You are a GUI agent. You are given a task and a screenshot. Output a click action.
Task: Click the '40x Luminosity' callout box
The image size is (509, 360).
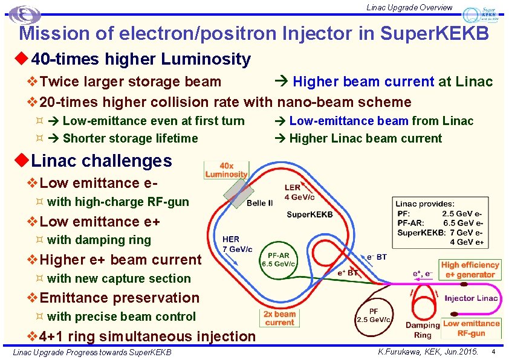[x=226, y=170]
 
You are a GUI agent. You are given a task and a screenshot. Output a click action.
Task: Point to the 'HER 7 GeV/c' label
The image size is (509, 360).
[x=238, y=244]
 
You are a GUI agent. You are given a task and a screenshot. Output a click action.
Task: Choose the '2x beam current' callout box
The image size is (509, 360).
[x=280, y=318]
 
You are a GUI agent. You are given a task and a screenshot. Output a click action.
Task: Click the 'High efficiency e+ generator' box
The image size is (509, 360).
[x=470, y=269]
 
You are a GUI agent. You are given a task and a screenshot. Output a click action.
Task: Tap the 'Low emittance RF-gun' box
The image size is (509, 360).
[x=472, y=328]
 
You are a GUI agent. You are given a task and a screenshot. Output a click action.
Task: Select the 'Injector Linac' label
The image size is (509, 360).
[x=471, y=298]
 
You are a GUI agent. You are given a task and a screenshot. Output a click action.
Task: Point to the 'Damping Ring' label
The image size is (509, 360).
[x=423, y=330]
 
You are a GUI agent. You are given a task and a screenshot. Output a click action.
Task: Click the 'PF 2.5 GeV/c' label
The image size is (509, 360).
[x=374, y=315]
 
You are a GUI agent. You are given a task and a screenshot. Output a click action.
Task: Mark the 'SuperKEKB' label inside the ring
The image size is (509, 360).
[x=310, y=214]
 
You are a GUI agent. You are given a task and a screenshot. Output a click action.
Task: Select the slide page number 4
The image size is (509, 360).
[x=494, y=352]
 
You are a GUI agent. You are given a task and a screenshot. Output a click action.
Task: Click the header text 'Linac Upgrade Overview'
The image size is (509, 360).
[x=409, y=7]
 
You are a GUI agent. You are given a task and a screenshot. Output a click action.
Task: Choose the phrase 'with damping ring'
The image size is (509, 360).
[x=99, y=240]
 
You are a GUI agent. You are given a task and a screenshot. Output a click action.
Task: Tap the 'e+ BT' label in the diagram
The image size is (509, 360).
[x=349, y=272]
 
